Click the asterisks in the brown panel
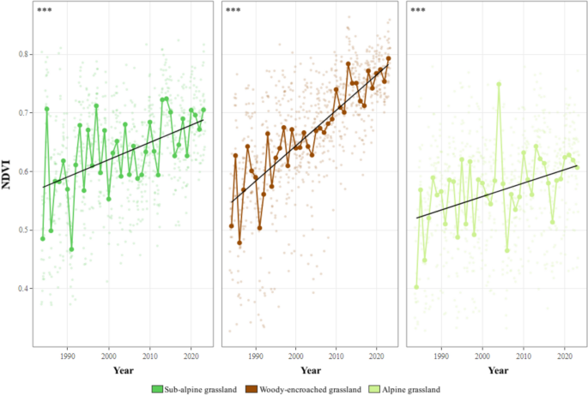click(x=233, y=11)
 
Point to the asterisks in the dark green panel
click(x=45, y=11)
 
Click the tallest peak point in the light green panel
click(x=499, y=84)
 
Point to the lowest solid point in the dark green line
click(x=71, y=249)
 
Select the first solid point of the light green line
click(x=416, y=287)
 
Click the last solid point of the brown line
click(x=389, y=58)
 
